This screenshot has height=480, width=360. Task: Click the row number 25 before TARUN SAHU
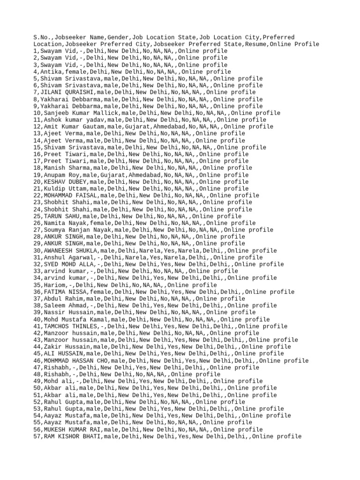[x=37, y=216]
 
